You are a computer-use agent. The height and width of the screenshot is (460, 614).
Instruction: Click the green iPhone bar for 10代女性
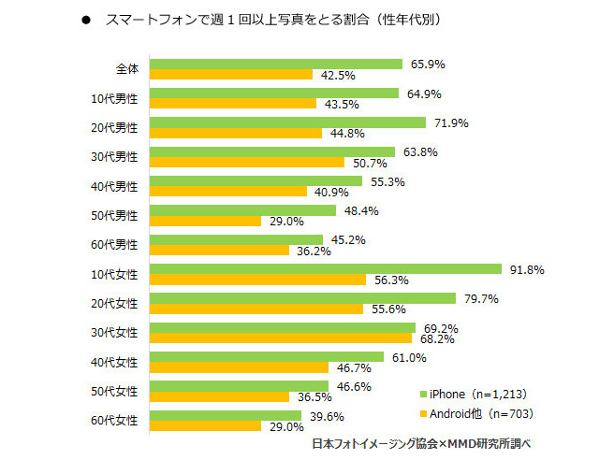[325, 268]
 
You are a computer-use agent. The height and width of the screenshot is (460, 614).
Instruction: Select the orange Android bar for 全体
[230, 75]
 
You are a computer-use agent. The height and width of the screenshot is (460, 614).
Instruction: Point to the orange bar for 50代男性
[205, 221]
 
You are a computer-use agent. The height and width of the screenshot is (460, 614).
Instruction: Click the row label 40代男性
[116, 186]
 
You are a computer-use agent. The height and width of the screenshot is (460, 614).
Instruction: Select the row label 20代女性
[116, 304]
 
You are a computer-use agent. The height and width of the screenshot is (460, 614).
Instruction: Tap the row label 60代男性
[116, 245]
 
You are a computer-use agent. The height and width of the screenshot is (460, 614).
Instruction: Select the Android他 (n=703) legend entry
[476, 413]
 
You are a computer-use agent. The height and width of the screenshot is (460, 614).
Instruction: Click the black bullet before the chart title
[86, 19]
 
